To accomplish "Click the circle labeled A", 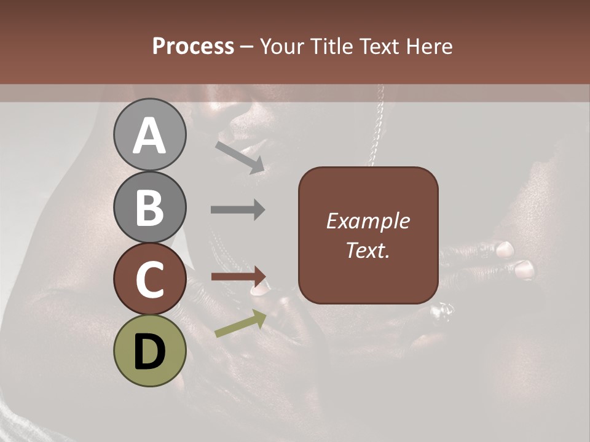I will (x=149, y=134).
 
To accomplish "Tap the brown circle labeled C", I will (x=149, y=279).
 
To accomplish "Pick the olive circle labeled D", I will (x=149, y=351).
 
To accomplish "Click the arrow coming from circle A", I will (x=240, y=157).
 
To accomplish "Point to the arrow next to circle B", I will (x=238, y=209).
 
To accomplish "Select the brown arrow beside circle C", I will (x=238, y=276).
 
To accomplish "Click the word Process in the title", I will (x=193, y=46).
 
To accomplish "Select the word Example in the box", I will (x=368, y=222).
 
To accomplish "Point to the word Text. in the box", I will (x=368, y=250).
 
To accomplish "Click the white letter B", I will (x=149, y=207).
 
